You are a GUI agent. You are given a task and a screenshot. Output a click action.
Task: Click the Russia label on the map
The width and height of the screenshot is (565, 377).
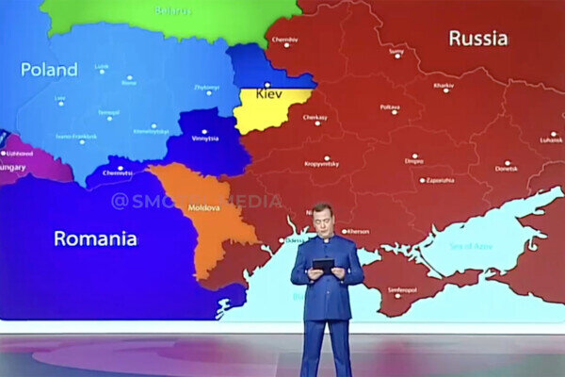tap(477, 39)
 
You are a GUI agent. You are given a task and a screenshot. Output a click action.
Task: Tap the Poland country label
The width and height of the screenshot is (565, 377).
tap(49, 70)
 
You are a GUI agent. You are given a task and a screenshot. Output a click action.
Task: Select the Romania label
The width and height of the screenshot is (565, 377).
tap(95, 238)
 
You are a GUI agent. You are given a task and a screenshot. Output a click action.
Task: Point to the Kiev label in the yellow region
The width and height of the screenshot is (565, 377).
tap(270, 94)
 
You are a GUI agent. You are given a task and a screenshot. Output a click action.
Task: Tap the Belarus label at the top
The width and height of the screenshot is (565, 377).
tap(173, 11)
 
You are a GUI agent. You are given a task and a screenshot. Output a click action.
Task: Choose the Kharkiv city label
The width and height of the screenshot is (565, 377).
tap(444, 87)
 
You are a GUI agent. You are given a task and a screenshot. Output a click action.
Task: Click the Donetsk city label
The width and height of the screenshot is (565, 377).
tap(506, 168)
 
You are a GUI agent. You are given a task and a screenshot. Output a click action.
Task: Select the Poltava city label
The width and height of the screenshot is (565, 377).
tap(390, 107)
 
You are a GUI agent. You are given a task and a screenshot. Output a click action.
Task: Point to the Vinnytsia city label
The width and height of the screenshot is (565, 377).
tap(205, 138)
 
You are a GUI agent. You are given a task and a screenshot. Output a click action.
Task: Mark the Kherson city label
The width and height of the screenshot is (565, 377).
tap(358, 231)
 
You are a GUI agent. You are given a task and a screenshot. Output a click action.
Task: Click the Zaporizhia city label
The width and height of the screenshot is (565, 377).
tap(439, 179)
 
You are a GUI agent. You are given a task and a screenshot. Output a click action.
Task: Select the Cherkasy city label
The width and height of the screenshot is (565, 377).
tap(315, 119)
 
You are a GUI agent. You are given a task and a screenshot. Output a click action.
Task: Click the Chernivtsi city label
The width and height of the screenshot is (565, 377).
tap(118, 172)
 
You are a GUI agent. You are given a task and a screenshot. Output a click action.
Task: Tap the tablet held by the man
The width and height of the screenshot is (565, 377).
tap(323, 264)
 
